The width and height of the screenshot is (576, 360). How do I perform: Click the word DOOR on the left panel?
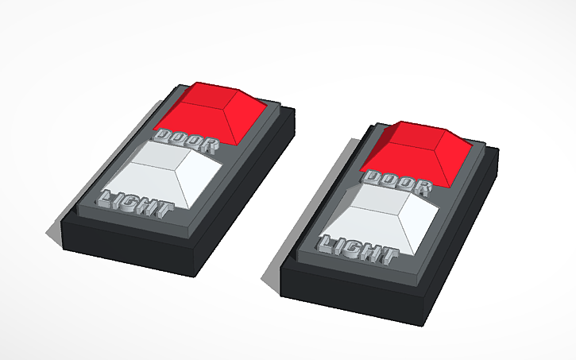point(184,140)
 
